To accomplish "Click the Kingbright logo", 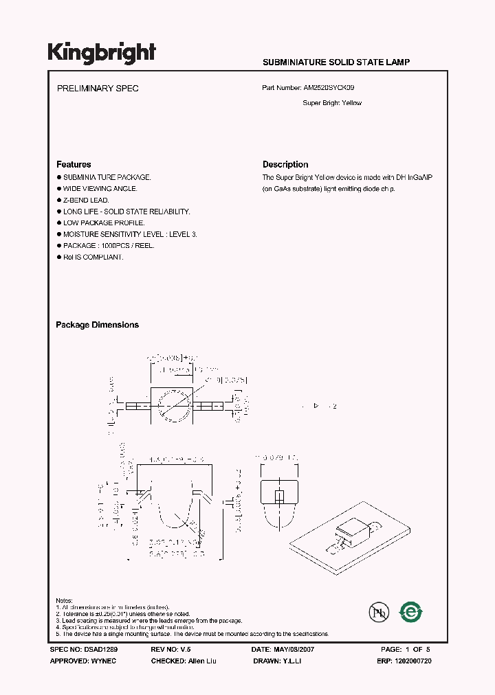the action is point(102,53).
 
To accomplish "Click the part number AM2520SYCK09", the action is point(329,89).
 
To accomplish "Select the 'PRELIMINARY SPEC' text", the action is point(97,89).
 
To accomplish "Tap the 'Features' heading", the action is point(74,165).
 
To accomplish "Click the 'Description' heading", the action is point(285,165).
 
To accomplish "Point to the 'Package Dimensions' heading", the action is point(97,325).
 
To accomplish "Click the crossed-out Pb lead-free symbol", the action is point(379,611).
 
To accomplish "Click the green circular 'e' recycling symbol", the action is point(411,611).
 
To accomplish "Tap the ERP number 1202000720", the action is point(412,661).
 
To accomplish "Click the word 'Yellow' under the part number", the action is point(351,103).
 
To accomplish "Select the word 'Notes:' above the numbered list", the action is point(65,601).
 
